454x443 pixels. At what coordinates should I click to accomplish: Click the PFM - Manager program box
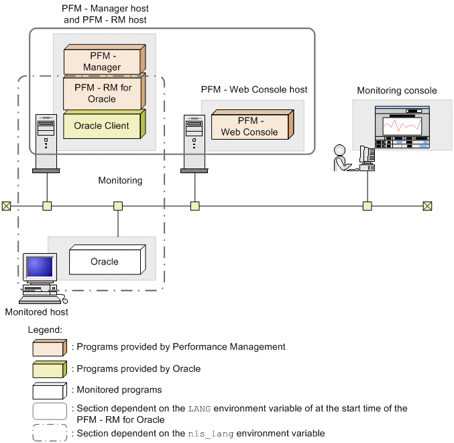click(x=103, y=61)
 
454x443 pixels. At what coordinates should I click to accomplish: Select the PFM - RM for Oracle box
click(x=103, y=93)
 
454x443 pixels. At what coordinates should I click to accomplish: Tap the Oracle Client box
click(x=102, y=126)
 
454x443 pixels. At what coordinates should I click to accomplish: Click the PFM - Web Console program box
click(x=249, y=126)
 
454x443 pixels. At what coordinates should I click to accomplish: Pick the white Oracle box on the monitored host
click(x=105, y=262)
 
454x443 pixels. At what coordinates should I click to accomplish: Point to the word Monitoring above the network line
click(x=120, y=181)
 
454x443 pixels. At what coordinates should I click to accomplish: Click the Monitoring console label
click(x=396, y=91)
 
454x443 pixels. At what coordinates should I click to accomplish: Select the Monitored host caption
click(x=36, y=312)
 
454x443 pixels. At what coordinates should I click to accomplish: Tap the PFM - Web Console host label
click(x=254, y=89)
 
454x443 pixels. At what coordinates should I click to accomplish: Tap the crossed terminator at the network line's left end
click(x=6, y=206)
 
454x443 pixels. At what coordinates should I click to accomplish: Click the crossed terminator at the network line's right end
click(x=427, y=206)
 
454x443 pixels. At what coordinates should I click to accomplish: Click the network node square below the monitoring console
click(x=367, y=206)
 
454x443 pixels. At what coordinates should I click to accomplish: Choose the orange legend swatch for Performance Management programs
click(x=50, y=347)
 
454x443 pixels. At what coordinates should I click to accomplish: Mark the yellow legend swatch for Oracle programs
click(x=50, y=368)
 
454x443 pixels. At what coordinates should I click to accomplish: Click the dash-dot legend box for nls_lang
click(x=50, y=433)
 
